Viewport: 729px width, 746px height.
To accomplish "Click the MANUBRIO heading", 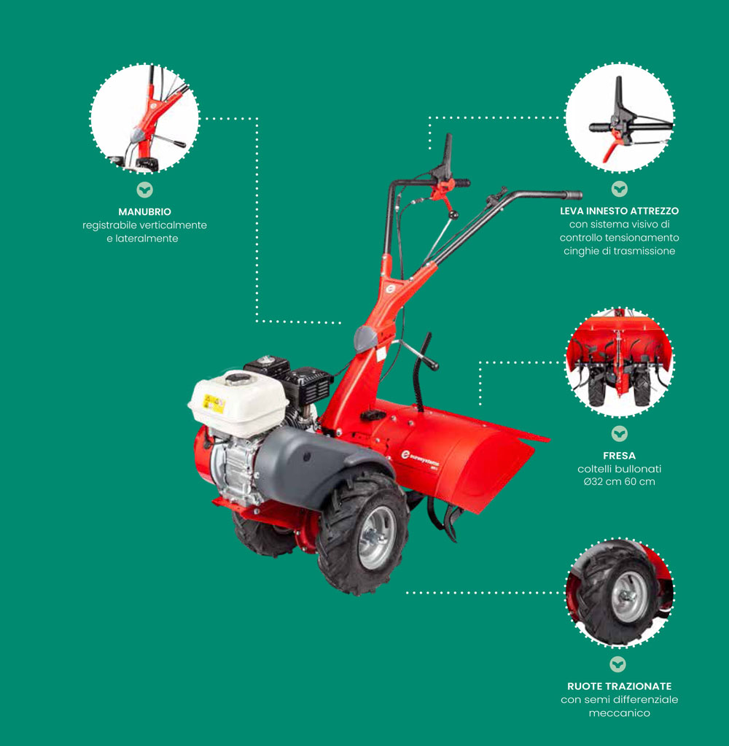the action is tap(144, 211).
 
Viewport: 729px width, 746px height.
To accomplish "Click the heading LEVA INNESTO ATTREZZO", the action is tap(619, 211).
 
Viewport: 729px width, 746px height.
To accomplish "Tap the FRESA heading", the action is tap(619, 455).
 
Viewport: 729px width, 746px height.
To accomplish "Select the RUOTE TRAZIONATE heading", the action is tap(619, 686).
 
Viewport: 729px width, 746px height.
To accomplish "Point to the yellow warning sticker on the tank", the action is tap(214, 403).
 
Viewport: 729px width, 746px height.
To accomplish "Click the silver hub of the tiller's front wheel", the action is tap(377, 537).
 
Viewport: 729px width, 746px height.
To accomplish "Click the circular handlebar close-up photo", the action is tap(144, 118).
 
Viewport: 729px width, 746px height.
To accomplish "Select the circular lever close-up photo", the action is tap(619, 117).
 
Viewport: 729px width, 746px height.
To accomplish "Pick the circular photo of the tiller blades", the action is tap(619, 362).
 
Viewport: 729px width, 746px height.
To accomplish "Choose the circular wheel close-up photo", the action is tap(619, 592).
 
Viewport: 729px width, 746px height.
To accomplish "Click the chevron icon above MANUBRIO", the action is tap(144, 190).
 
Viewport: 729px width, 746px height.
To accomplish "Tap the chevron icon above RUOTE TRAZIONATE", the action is tap(617, 664).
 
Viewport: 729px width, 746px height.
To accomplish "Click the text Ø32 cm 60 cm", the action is tap(619, 481).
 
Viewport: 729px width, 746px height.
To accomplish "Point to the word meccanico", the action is tap(619, 712).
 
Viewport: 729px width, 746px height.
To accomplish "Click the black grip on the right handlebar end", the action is tap(573, 195).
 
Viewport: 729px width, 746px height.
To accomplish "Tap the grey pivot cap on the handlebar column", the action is tap(365, 338).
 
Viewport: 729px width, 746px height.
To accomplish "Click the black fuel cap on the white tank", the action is tap(238, 378).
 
